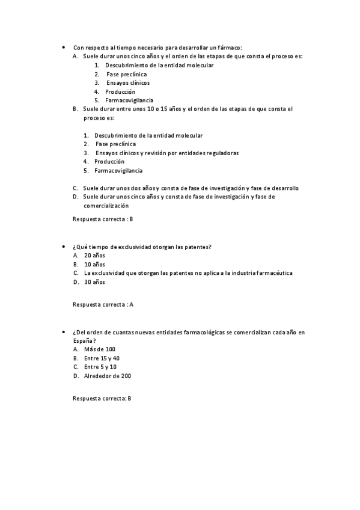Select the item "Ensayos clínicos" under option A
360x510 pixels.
(128, 82)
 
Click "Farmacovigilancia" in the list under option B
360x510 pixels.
(118, 170)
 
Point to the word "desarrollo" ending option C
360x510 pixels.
(282, 188)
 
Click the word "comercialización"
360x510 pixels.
(106, 205)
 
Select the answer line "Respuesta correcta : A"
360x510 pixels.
(103, 304)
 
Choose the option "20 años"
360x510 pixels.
(94, 256)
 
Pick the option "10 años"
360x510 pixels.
(94, 264)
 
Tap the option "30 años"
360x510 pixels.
(94, 281)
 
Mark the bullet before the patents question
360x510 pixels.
(63, 247)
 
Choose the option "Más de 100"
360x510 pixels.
(99, 349)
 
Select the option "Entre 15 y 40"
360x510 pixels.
(102, 358)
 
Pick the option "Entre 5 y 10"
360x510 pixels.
(100, 366)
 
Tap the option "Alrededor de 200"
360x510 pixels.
(108, 375)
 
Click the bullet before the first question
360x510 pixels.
(63, 48)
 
